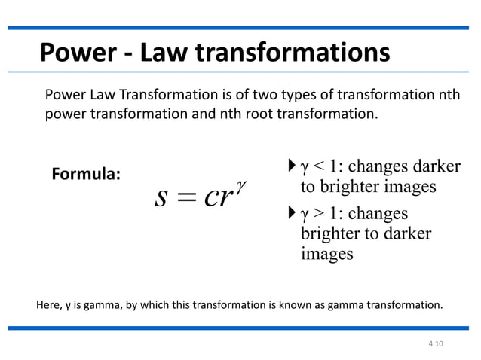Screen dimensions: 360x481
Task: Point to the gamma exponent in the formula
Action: click(x=240, y=184)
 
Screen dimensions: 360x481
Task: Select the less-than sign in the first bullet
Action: click(x=318, y=166)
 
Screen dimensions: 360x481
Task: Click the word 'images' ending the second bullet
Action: click(x=326, y=254)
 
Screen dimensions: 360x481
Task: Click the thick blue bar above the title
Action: click(x=240, y=28)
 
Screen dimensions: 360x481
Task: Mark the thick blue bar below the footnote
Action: click(x=240, y=328)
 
